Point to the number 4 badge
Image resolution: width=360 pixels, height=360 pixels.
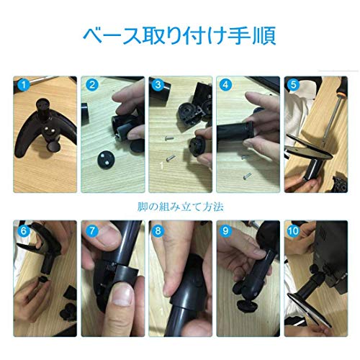click(x=225, y=84)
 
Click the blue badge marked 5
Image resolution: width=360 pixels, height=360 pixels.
click(x=292, y=84)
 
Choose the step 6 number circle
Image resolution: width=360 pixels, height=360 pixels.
click(x=23, y=232)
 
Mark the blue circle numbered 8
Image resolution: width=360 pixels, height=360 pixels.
click(x=157, y=232)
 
